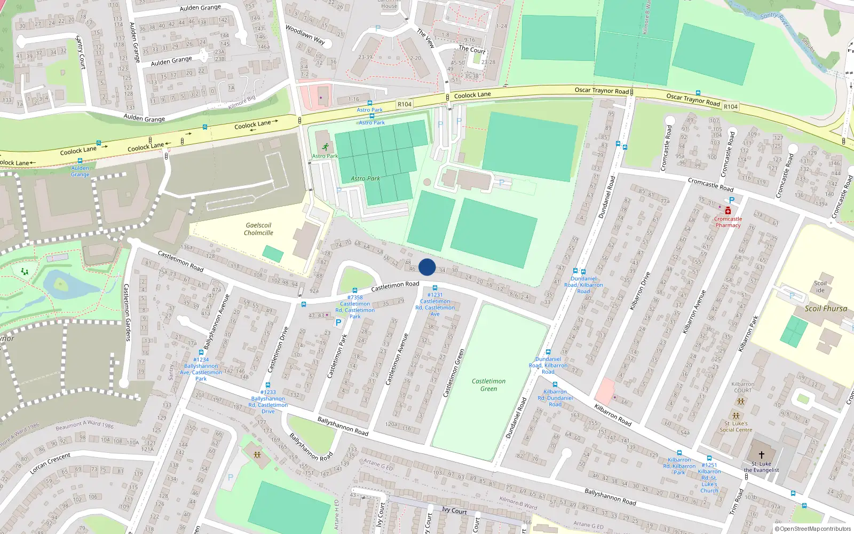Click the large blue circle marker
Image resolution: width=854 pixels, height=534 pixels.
click(x=427, y=267)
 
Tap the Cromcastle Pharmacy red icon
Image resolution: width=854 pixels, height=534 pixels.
click(x=728, y=211)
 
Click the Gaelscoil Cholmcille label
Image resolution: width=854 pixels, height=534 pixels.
click(x=258, y=229)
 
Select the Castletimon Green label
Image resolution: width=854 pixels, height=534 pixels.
click(x=488, y=384)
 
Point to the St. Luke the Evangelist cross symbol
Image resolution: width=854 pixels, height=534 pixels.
click(x=761, y=454)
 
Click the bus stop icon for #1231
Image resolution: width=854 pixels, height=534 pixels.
click(x=435, y=288)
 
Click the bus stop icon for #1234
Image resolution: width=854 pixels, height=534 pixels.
click(x=201, y=352)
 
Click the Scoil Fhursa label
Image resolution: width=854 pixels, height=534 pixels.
click(x=826, y=309)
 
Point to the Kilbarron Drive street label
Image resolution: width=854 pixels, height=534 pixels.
click(x=640, y=291)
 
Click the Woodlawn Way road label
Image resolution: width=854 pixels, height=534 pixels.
click(x=305, y=34)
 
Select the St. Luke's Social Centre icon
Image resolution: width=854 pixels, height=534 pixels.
click(x=736, y=416)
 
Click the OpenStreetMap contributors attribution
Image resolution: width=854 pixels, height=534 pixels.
click(x=813, y=529)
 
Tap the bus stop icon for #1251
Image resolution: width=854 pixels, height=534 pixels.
click(x=709, y=458)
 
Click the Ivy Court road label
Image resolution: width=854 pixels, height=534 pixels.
click(x=454, y=511)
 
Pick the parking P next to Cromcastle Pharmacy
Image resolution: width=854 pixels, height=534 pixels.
click(x=732, y=200)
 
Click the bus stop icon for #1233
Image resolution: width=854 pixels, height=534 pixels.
click(x=268, y=385)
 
